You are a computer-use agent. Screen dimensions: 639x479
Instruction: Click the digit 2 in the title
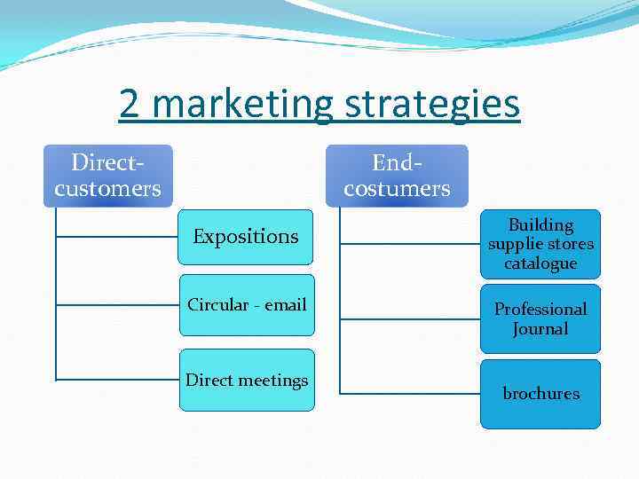(x=130, y=104)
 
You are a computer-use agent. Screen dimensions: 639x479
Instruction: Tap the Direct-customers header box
(x=107, y=176)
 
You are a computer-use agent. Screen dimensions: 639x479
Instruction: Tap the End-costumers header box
(x=397, y=176)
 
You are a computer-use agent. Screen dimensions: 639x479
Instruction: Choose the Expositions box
(x=245, y=237)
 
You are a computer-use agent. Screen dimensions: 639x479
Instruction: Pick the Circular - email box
(x=247, y=305)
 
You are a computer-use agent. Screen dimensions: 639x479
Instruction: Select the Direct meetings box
(x=247, y=381)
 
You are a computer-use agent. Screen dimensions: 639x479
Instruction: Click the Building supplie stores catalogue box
(x=540, y=244)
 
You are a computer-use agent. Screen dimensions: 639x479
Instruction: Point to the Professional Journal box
(x=540, y=318)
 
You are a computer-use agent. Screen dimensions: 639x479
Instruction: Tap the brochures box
(x=540, y=394)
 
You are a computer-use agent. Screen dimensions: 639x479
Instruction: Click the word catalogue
(x=540, y=263)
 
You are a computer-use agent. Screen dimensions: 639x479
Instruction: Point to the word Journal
(x=540, y=329)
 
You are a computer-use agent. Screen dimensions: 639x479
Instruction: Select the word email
(x=286, y=305)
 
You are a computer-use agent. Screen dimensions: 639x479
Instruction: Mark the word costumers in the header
(x=397, y=188)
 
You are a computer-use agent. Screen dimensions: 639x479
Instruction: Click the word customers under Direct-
(x=107, y=188)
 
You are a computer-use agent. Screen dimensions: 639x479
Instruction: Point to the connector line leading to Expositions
(x=115, y=237)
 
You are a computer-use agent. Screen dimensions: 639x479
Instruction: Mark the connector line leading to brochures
(x=408, y=393)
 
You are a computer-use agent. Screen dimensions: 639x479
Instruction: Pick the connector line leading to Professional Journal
(x=408, y=318)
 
